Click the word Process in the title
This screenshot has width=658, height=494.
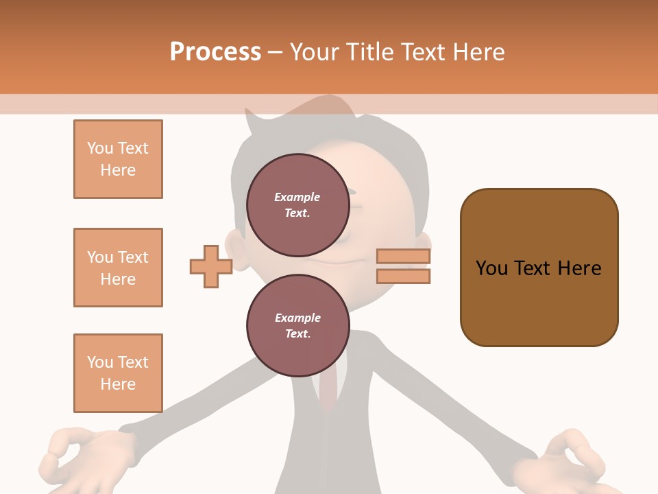[x=215, y=52]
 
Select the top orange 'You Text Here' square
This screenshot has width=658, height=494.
[x=118, y=159]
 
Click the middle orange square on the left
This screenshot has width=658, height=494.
[x=118, y=268]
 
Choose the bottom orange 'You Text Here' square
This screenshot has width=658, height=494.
[x=118, y=373]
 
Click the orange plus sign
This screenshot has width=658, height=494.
[x=210, y=266]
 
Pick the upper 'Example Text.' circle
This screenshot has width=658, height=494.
[x=297, y=204]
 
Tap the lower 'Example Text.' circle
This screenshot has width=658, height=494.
[x=297, y=325]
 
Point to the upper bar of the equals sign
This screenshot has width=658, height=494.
[x=403, y=257]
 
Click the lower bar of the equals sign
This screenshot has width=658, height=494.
[x=403, y=277]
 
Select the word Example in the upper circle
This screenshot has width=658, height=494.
[x=297, y=197]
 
